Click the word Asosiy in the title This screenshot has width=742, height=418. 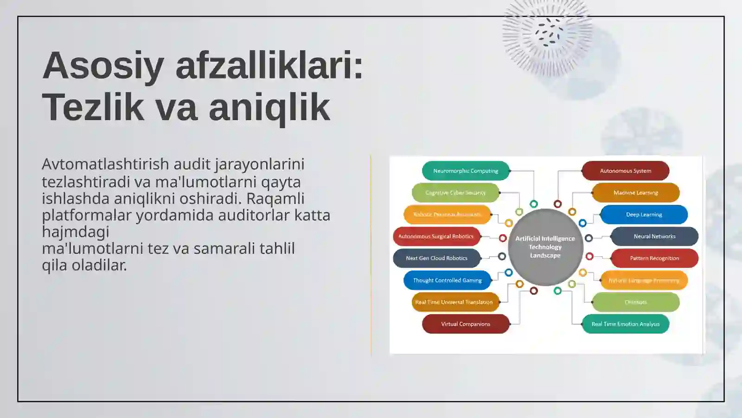coord(103,66)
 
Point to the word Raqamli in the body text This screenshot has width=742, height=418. coord(275,198)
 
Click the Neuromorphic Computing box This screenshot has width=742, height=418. coord(466,171)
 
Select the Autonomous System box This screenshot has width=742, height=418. coord(625,171)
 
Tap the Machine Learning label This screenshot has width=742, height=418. coord(635,193)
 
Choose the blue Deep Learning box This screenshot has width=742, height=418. coord(644,215)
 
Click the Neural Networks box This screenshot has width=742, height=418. coord(654,236)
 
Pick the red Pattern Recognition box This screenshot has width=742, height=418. coord(654,258)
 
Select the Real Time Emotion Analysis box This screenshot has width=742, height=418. coord(625,324)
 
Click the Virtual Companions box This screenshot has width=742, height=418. coord(466,324)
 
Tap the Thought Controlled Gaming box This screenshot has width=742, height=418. coord(447,281)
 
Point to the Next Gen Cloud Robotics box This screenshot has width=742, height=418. coord(436,258)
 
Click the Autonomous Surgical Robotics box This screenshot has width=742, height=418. coord(436,236)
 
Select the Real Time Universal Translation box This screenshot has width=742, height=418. coord(455,302)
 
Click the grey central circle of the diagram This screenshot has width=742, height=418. coord(545,247)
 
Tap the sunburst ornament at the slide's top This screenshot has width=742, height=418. coord(547,35)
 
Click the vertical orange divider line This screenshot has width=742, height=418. coord(371,255)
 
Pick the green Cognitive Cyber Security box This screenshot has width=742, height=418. coord(455,193)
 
